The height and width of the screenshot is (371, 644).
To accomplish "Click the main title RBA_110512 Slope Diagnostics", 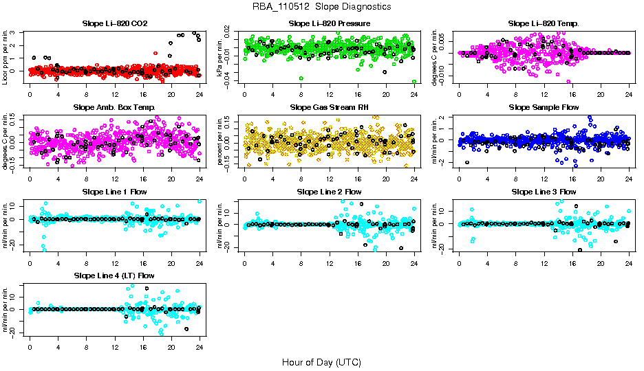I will (x=322, y=6).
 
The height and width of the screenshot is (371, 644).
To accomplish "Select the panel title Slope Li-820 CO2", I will (x=114, y=23).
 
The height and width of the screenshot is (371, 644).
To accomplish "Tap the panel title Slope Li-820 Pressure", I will (x=329, y=23).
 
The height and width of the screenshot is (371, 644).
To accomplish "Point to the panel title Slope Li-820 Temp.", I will (x=544, y=23).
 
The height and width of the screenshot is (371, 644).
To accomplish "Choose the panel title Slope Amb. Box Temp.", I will (x=114, y=107).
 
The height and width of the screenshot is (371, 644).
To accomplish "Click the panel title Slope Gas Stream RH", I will (x=329, y=107).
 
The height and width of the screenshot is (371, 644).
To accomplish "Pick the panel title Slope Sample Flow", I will (x=544, y=107).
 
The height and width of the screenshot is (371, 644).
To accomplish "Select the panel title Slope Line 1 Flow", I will (x=114, y=191).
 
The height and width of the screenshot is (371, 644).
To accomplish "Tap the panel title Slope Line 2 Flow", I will (x=329, y=191).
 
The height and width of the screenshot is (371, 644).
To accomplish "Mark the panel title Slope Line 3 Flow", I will (x=544, y=191).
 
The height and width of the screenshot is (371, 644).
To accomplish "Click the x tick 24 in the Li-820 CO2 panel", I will (x=200, y=95).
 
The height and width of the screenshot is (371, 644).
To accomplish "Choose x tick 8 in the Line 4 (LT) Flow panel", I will (x=86, y=346).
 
